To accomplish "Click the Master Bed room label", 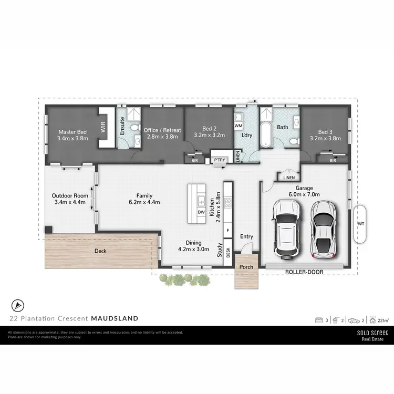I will click(x=72, y=132).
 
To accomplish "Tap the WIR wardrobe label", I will click(x=103, y=127).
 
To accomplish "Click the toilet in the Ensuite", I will click(x=134, y=128).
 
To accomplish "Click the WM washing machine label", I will click(x=238, y=126).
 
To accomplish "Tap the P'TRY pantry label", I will click(x=219, y=159).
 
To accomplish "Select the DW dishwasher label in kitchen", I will click(x=201, y=212).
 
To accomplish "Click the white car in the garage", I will click(x=286, y=230).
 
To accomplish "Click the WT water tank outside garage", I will click(x=360, y=224).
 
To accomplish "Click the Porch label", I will click(x=246, y=267).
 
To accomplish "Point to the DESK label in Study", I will click(x=228, y=252).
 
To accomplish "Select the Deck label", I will click(x=100, y=251).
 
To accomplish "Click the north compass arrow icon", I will click(x=18, y=305).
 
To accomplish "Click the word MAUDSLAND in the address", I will click(x=115, y=318).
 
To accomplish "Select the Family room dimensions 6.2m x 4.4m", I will click(x=144, y=202).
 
